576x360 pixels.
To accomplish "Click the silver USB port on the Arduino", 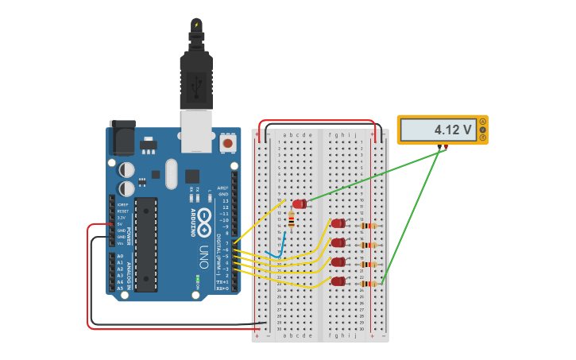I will click(197, 130).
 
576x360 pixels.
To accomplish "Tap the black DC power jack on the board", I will click(122, 138).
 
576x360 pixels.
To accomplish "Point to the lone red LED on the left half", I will click(299, 204).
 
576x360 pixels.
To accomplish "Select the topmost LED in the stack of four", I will click(339, 223).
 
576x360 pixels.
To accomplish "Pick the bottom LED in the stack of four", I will click(339, 281).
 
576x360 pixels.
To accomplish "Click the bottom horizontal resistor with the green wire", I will click(368, 284).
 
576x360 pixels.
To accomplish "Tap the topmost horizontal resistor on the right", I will click(368, 226).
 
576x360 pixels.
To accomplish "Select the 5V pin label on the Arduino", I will click(122, 224).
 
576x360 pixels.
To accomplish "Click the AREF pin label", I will click(223, 188).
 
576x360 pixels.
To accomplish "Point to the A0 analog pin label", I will click(120, 257).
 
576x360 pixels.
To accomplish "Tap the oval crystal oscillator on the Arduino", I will click(171, 174).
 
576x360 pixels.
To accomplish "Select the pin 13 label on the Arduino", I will click(224, 201).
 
